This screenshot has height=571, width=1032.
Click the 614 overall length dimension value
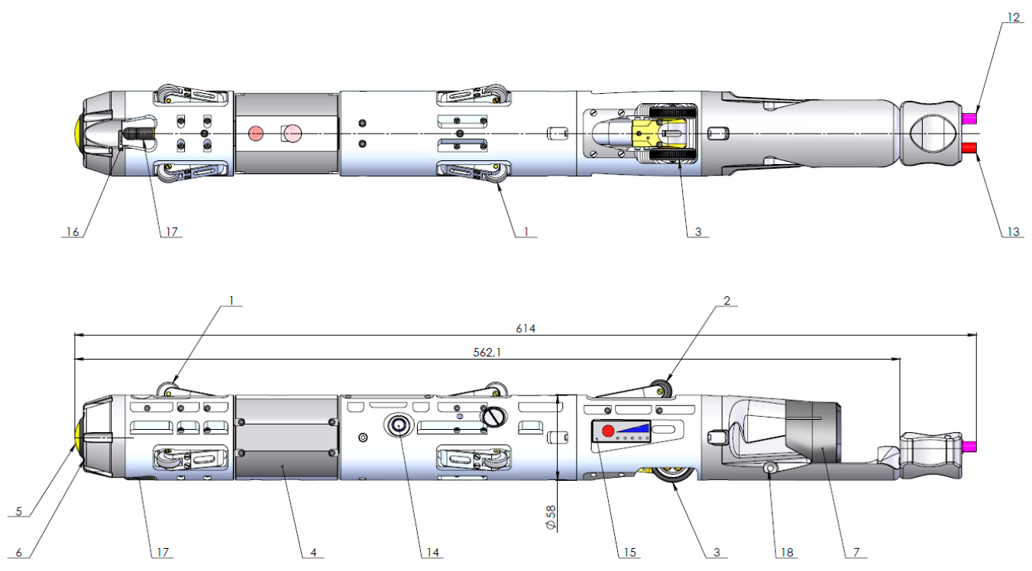(526, 328)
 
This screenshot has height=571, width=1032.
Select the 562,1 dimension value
(487, 352)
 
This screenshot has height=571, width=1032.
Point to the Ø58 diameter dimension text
(551, 518)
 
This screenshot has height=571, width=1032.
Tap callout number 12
(1014, 18)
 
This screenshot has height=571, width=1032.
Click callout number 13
(1014, 231)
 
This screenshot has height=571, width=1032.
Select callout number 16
(73, 231)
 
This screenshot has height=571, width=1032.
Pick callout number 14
(432, 552)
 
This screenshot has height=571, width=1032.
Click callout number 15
(629, 552)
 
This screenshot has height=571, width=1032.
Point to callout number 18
(787, 552)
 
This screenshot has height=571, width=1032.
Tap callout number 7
(856, 552)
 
